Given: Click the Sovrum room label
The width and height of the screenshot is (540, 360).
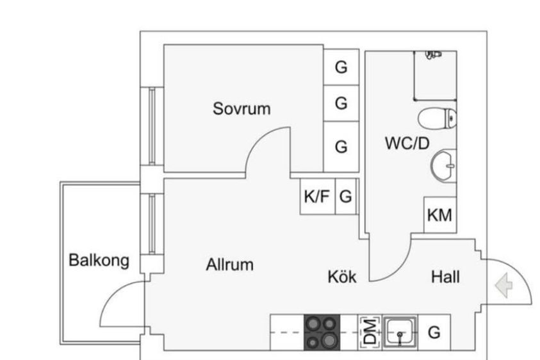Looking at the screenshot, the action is (x=241, y=108).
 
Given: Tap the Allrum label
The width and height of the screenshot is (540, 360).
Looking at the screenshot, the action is (x=230, y=265).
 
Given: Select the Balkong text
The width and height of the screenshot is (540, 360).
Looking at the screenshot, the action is (x=99, y=261).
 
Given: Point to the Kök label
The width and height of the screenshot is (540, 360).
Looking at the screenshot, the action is (x=342, y=276).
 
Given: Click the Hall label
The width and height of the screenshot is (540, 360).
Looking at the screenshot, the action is (x=445, y=277).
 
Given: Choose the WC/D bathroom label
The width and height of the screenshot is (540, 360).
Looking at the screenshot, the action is (x=407, y=143).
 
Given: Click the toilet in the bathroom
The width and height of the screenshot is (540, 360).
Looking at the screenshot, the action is (x=438, y=119).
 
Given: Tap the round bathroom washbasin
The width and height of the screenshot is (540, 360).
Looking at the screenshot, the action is (x=443, y=166).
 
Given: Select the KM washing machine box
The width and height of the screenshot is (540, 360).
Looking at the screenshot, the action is (x=440, y=215).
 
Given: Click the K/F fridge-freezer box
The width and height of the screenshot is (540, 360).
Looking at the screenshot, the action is (x=318, y=197).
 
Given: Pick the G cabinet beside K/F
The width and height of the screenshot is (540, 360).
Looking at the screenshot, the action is (x=346, y=197).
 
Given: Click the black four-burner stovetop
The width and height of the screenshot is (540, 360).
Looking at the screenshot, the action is (x=322, y=332).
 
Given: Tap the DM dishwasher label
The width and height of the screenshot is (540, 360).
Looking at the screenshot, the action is (x=370, y=332).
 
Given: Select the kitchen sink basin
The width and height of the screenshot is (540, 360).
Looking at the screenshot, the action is (x=400, y=332).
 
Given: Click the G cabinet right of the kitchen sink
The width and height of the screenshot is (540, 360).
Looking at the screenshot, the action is (x=434, y=332).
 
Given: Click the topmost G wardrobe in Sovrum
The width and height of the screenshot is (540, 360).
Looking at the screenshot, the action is (x=341, y=67).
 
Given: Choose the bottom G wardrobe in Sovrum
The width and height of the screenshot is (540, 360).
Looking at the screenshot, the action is (x=341, y=147).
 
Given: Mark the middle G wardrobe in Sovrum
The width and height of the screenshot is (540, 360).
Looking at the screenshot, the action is (x=341, y=103).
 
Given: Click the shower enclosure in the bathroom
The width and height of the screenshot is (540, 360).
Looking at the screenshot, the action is (x=436, y=76).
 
